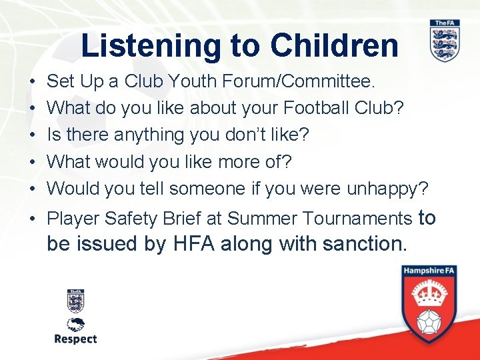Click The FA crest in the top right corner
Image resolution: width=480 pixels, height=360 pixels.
445,41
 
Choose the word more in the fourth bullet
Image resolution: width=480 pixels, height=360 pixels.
217,162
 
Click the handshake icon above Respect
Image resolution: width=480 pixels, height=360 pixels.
75,325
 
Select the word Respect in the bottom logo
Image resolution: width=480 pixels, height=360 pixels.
75,339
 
